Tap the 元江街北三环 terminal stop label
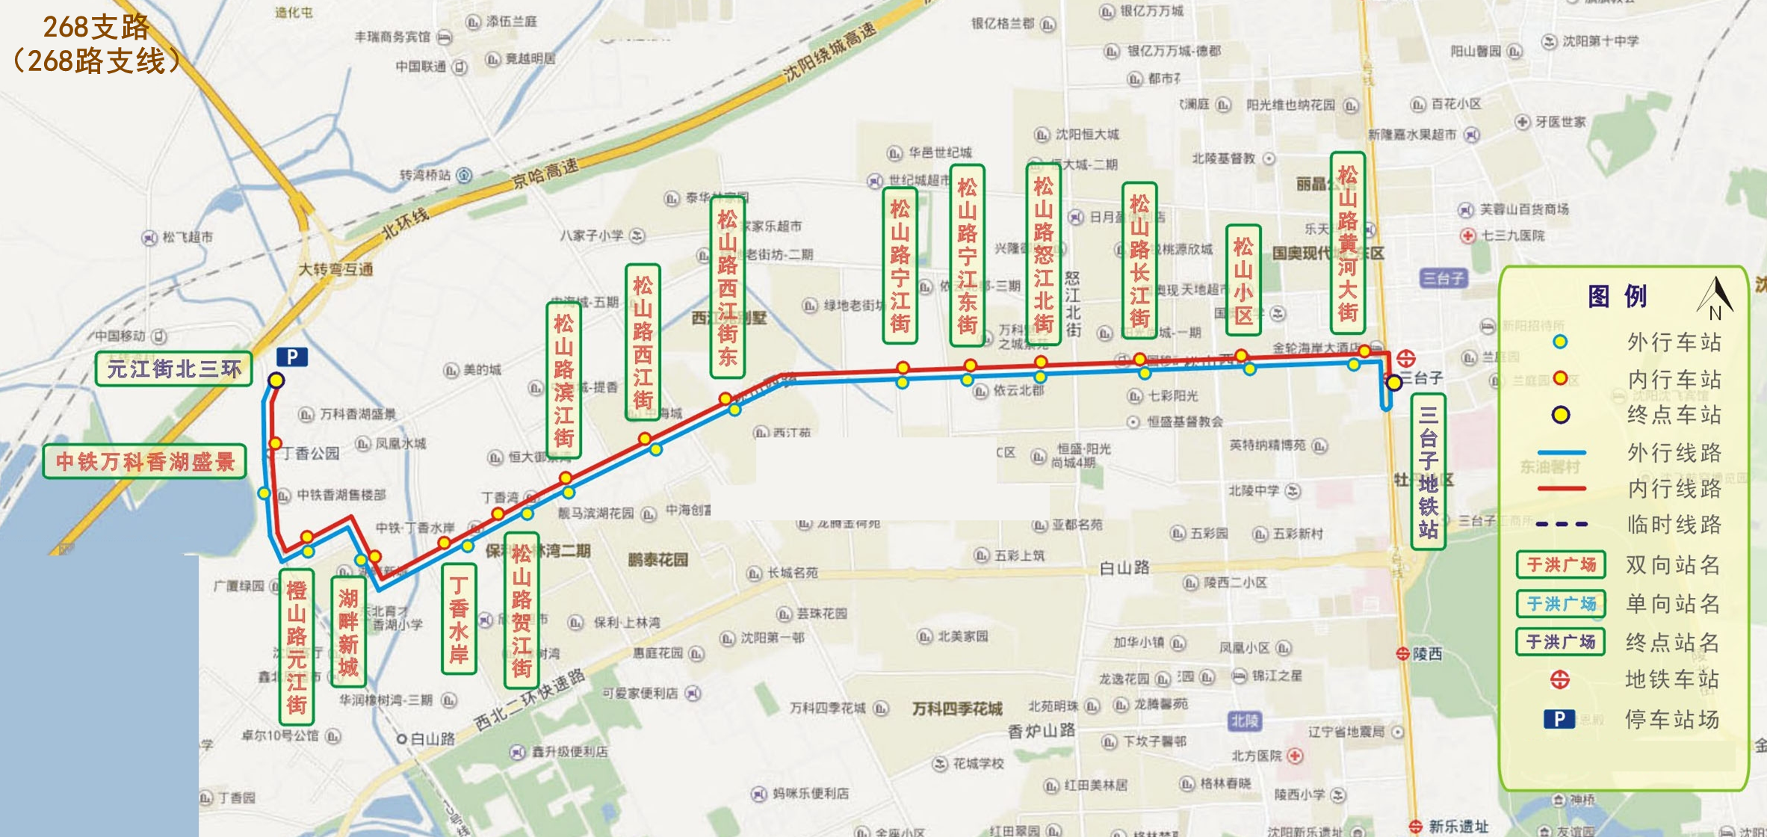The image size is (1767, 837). point(173,369)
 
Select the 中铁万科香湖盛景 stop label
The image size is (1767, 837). point(145,462)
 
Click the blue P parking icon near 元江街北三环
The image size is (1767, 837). point(292,357)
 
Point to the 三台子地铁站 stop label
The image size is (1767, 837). point(1428,472)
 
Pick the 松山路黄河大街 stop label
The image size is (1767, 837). point(1347,243)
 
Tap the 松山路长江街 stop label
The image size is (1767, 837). point(1139,260)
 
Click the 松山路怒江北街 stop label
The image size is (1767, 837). point(1043,254)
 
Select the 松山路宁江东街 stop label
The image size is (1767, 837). point(967,256)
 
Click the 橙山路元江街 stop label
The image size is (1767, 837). point(297,647)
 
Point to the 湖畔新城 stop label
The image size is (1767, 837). point(348,632)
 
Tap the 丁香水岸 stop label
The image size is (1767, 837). point(459,620)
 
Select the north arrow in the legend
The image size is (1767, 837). point(1715,297)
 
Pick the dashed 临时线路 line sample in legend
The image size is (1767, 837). point(1561,525)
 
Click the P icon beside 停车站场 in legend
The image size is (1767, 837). point(1559,719)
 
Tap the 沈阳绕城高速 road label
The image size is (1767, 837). point(829,53)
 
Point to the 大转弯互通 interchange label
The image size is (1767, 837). point(335,269)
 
